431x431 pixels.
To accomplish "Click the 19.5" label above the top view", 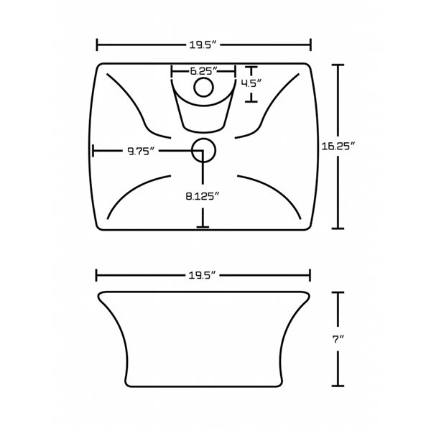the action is point(203,45).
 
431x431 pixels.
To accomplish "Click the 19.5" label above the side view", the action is point(203,275).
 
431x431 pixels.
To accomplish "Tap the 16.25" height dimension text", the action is point(338,146).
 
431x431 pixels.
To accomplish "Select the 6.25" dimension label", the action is point(204,71).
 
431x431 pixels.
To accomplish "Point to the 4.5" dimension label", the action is point(251,83).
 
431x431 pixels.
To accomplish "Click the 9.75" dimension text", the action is point(141,151).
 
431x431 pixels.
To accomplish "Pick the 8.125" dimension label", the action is point(203,196).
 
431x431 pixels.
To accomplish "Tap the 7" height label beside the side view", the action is point(338,340).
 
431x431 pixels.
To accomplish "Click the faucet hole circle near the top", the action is point(203,87).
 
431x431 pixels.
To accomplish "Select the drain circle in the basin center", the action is point(203,150).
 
